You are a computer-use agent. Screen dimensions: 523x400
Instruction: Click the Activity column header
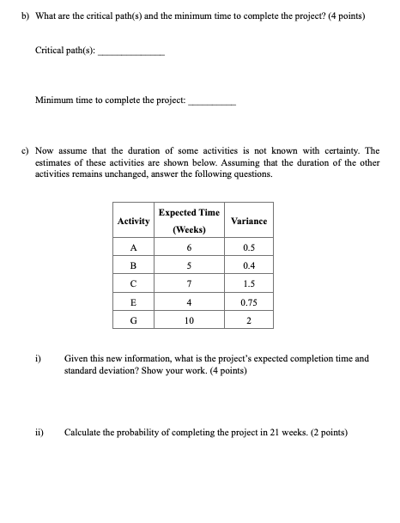click(133, 222)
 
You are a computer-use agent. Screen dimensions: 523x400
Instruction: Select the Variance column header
click(249, 222)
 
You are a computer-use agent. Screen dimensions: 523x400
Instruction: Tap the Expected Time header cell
click(189, 221)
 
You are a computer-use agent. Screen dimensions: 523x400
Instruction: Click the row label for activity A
click(133, 249)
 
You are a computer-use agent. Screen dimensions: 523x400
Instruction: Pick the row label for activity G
click(133, 321)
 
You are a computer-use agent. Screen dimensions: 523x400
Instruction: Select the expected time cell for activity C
click(189, 285)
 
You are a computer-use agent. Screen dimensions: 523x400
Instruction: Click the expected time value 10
click(189, 321)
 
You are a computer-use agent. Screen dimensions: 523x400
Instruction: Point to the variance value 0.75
click(249, 303)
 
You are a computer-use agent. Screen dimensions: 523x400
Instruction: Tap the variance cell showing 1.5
click(249, 285)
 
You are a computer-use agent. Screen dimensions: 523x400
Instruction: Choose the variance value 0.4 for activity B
click(249, 267)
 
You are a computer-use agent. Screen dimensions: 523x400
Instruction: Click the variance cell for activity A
click(249, 249)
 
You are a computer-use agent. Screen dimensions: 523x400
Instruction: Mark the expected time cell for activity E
click(189, 303)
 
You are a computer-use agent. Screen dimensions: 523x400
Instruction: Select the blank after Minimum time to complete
click(211, 102)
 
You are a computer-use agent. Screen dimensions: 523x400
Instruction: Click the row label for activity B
click(133, 267)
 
